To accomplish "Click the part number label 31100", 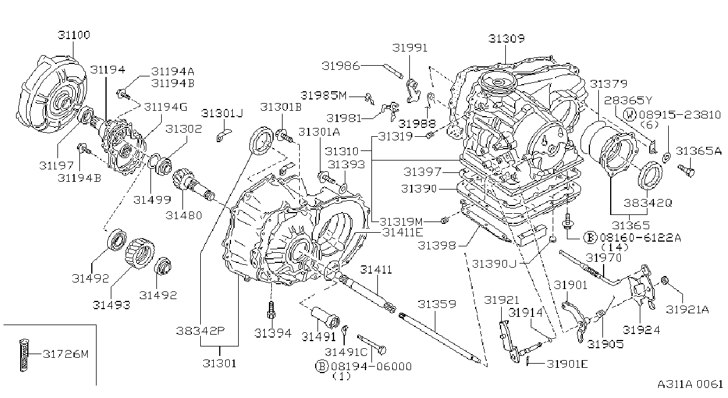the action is click(x=74, y=35).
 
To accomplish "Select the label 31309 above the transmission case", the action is click(x=506, y=38).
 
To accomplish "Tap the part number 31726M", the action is click(x=66, y=354).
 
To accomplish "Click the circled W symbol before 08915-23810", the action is click(x=630, y=115).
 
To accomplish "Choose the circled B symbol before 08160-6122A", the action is click(x=590, y=238).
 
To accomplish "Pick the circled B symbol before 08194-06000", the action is click(x=322, y=366).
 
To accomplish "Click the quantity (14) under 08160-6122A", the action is click(x=615, y=247).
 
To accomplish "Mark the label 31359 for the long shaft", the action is click(x=437, y=304).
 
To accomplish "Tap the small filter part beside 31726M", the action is click(x=24, y=355).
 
